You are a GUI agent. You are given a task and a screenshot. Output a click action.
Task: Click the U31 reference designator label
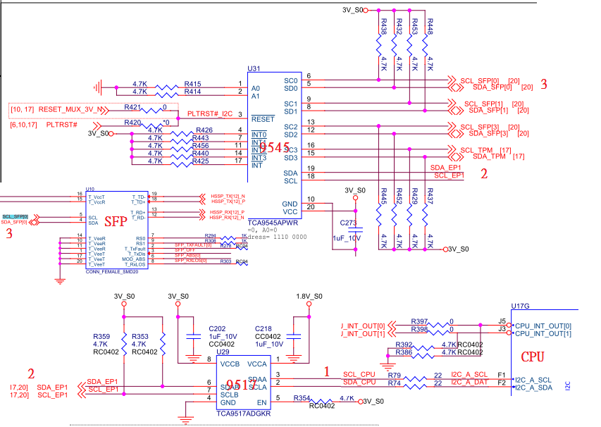coord(254,69)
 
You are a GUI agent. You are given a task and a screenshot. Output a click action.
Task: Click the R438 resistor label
coord(383,27)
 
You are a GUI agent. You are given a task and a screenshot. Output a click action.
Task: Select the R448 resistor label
coord(430,27)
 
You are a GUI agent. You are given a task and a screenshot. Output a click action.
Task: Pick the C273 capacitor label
coord(349,223)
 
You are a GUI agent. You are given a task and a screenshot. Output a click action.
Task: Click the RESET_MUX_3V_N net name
coord(71,110)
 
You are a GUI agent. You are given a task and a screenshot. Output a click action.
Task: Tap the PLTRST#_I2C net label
coord(209,114)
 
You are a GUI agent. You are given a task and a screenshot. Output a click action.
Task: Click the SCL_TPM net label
coord(476,150)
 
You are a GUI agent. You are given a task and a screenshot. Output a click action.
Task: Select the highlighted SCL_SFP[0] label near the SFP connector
coord(15,216)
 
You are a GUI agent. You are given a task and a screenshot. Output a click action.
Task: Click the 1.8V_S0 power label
coord(309,296)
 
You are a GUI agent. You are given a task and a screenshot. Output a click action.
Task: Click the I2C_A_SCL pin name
coord(471,374)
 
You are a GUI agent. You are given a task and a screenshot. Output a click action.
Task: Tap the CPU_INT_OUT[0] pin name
coord(543,326)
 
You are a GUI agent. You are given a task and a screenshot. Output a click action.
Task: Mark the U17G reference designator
coord(521,305)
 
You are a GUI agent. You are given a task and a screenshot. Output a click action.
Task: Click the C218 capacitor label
coord(262,329)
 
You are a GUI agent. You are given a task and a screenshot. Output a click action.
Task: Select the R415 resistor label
coord(192,84)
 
